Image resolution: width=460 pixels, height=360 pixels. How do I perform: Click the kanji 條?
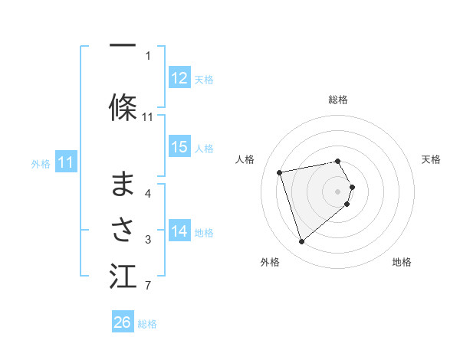pos(123,107)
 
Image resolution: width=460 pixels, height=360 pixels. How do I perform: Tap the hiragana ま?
pos(123,184)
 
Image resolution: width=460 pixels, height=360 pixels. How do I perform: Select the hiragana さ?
pos(123,227)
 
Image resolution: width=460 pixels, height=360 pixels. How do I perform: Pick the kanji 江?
pos(123,276)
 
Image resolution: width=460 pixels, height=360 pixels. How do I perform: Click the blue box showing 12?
pos(179,78)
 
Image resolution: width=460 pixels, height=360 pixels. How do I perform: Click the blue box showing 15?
pos(179,147)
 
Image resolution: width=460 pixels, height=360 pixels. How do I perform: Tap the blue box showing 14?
pos(179,231)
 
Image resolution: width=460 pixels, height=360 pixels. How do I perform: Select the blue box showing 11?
pos(66,162)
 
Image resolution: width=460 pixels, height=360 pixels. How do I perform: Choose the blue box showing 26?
pos(123,322)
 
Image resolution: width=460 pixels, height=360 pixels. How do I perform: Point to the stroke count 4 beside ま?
pos(147,193)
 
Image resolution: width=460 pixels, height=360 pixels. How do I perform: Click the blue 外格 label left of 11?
pos(41,163)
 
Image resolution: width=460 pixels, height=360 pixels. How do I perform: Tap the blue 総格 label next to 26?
pos(147,323)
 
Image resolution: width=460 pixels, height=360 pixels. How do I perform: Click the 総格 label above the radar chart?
pos(337,100)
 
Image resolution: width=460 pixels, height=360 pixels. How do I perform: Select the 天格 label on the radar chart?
pos(431,159)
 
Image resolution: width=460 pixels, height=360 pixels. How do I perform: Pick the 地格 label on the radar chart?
pos(402,262)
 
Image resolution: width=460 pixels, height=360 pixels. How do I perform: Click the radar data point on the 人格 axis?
pos(280,172)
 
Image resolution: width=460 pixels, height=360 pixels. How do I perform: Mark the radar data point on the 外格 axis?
pos(301,241)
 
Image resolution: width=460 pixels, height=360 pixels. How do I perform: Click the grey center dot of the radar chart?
pos(337,191)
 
